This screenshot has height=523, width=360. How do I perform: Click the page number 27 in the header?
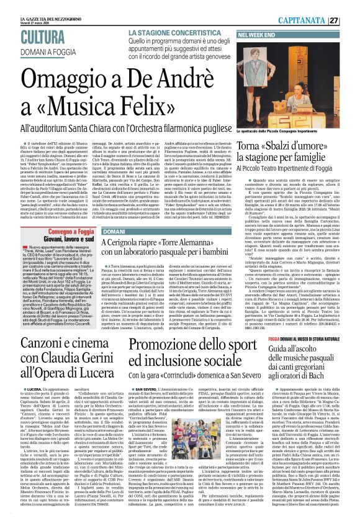pyautogui.click(x=351, y=20)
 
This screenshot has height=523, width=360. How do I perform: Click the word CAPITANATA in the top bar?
pyautogui.click(x=317, y=20)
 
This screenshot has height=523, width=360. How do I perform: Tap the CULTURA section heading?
pyautogui.click(x=42, y=38)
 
